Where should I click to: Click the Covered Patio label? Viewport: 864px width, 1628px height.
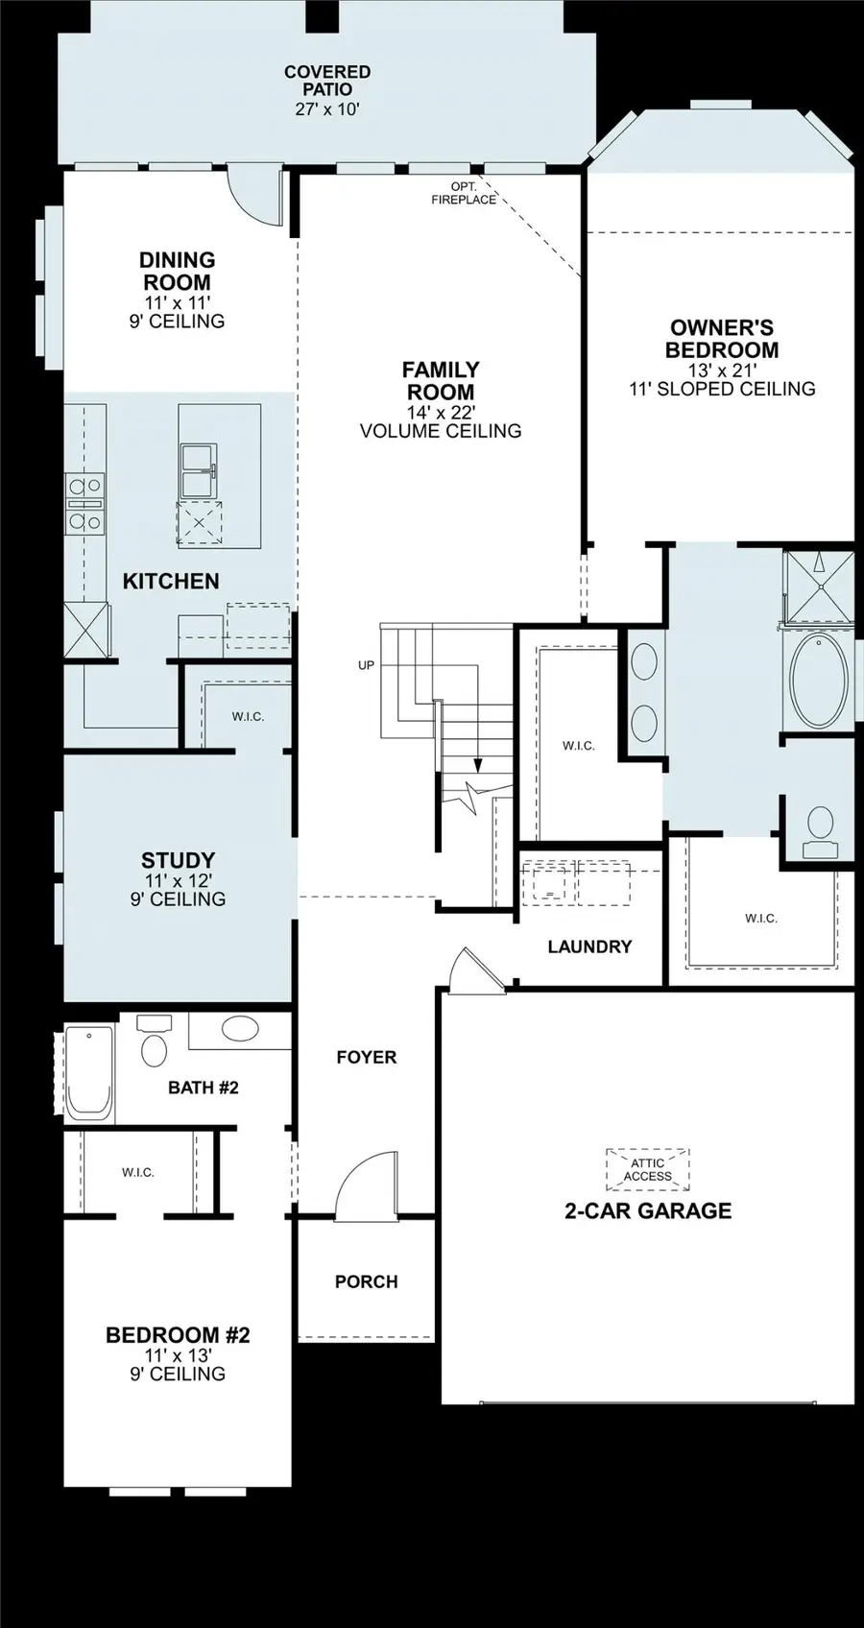tap(326, 81)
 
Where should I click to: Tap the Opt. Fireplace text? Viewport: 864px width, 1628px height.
tap(464, 193)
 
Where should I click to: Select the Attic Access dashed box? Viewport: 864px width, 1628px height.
tap(647, 1169)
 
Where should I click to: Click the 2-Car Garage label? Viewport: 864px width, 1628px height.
tap(648, 1210)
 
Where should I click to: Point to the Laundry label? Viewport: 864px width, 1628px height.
tap(589, 946)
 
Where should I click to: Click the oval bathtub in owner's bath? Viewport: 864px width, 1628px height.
tap(819, 678)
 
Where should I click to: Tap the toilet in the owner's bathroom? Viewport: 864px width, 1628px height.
tap(820, 829)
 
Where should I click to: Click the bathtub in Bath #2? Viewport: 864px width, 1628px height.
tap(89, 1072)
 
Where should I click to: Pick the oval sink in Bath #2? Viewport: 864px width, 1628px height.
tap(240, 1031)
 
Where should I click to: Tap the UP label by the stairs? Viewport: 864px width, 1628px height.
tap(366, 664)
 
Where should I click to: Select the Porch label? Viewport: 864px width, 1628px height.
tap(366, 1281)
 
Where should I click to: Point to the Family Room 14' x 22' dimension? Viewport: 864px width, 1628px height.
tap(441, 412)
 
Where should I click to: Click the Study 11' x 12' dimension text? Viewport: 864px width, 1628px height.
tap(178, 880)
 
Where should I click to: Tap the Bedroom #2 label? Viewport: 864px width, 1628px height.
tap(178, 1335)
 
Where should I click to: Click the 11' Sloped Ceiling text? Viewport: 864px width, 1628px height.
tap(722, 389)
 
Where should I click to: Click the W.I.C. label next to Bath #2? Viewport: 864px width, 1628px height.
tap(138, 1172)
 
